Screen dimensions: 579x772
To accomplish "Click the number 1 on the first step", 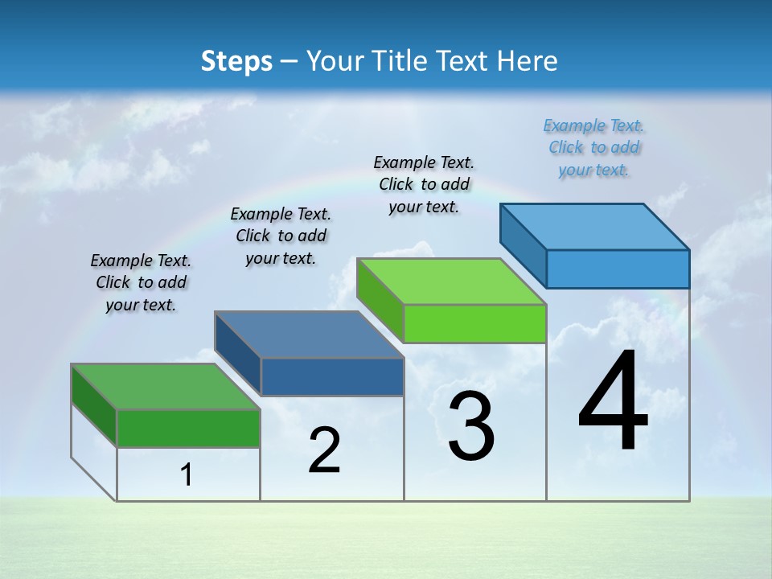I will (x=187, y=475).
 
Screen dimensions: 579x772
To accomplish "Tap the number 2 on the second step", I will (x=324, y=450).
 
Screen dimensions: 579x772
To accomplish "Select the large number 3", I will (x=470, y=426).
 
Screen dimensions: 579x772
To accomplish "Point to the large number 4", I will (x=613, y=402).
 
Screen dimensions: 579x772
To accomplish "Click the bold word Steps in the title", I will (x=236, y=61).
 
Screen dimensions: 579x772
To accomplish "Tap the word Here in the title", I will (x=528, y=61).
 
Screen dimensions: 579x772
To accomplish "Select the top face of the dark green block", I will (x=165, y=387).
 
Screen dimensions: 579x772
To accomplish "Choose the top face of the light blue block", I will (x=595, y=227).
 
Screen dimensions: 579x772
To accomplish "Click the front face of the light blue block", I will (x=618, y=269).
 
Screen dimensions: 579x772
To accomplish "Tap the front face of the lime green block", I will (x=474, y=323).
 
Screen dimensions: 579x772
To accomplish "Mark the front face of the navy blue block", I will (x=332, y=376).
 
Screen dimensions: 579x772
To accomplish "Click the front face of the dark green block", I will (x=188, y=428).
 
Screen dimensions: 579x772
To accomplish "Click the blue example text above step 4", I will (x=593, y=148).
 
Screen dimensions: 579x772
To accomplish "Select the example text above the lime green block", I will (x=424, y=185).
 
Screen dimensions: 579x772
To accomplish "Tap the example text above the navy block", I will (x=281, y=236).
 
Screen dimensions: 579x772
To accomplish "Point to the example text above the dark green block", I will (x=141, y=282).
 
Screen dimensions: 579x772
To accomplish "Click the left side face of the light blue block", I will (x=524, y=246).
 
